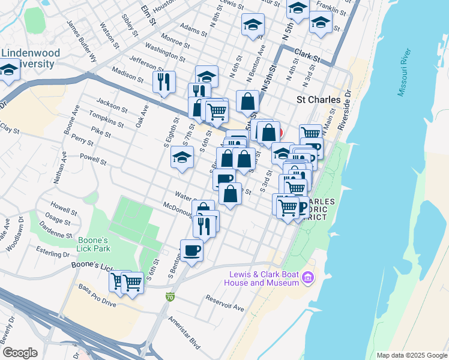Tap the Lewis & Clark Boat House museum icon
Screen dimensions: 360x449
tap(308, 278)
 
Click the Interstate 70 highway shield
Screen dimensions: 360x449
tap(170, 296)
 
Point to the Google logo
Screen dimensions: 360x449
tap(20, 353)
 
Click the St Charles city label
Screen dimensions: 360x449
tap(319, 100)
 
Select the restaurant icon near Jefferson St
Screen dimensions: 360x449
tap(164, 82)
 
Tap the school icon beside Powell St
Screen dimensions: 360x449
tap(182, 158)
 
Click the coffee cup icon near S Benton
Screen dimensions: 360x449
tap(191, 250)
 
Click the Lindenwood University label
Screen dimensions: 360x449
tap(31, 58)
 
